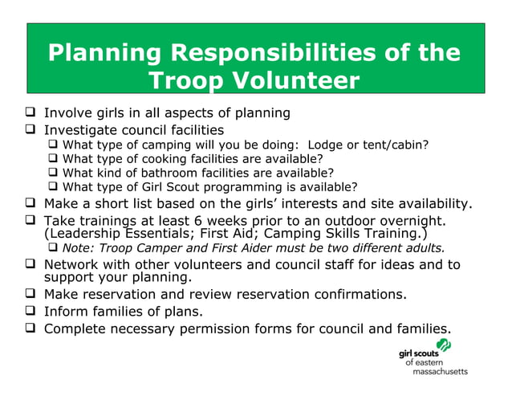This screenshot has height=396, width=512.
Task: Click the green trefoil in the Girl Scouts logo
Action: coord(444,345)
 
